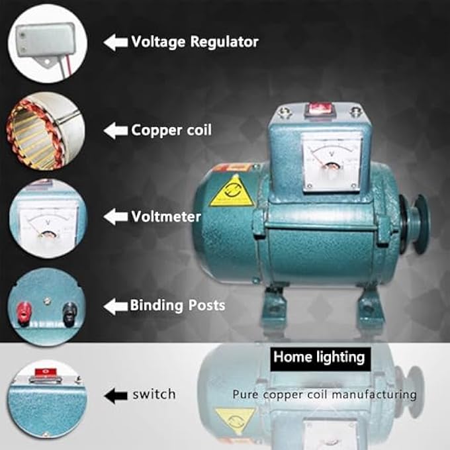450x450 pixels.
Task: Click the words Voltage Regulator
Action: (x=195, y=42)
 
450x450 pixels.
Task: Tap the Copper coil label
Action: (x=171, y=130)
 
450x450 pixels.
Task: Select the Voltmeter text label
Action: (x=166, y=216)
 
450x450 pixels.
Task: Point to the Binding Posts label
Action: (x=177, y=305)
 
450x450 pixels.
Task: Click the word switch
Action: (x=154, y=394)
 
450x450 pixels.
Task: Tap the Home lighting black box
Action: (x=320, y=359)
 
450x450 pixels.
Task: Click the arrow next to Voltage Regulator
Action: (x=116, y=42)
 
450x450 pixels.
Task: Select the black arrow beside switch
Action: (x=116, y=396)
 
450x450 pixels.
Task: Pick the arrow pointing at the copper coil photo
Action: (x=116, y=130)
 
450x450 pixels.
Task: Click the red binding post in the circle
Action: (x=24, y=313)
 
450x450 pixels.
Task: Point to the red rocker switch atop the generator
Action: (x=320, y=110)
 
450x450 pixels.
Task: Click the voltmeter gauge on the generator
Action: (x=332, y=163)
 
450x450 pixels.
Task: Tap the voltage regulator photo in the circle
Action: (x=48, y=44)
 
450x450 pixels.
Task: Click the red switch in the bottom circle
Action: (x=46, y=372)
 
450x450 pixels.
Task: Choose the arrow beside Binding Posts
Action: (x=116, y=306)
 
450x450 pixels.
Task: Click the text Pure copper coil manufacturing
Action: (x=324, y=395)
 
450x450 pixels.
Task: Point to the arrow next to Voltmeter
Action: (x=116, y=216)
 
